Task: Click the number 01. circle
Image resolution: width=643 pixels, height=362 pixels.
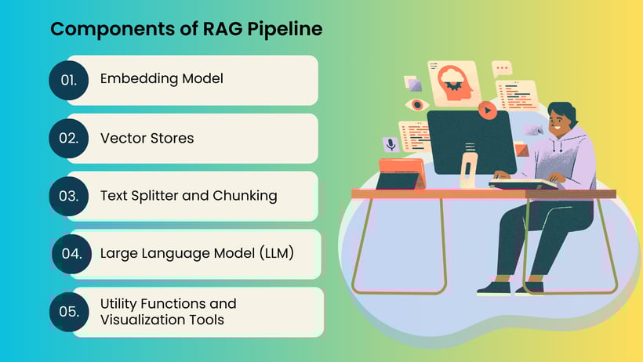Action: click(69, 80)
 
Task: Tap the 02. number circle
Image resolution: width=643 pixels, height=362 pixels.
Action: click(69, 139)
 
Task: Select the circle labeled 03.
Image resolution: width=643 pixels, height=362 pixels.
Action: click(69, 196)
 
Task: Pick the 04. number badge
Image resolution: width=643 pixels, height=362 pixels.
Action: click(71, 254)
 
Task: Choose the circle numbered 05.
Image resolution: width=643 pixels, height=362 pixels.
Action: click(69, 312)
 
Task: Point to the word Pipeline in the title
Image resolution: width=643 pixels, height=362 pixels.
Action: click(285, 30)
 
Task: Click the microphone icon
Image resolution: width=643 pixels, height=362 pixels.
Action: click(390, 144)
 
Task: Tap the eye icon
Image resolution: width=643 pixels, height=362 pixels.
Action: click(416, 104)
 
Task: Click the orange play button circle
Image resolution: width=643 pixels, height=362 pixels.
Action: click(488, 111)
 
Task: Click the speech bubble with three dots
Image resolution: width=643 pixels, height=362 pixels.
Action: click(502, 69)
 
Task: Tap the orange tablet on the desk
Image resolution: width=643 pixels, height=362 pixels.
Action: click(401, 174)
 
